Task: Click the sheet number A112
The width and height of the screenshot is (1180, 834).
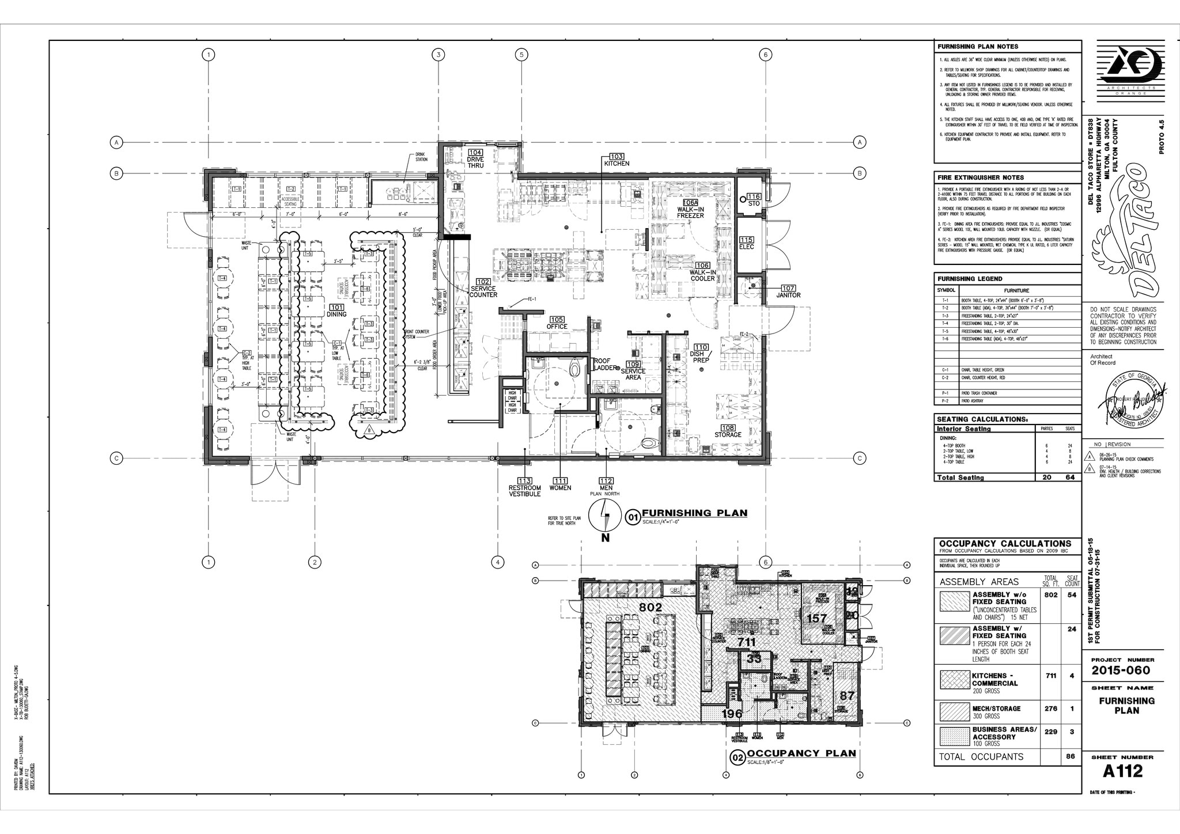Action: [x=1122, y=770]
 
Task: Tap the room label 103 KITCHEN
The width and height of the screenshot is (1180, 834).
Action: [x=617, y=160]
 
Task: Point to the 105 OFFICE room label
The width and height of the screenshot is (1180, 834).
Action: [x=557, y=323]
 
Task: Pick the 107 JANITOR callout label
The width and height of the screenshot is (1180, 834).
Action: [x=788, y=291]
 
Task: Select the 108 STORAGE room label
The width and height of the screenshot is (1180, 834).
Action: [x=728, y=431]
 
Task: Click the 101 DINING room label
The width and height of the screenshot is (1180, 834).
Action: [x=336, y=310]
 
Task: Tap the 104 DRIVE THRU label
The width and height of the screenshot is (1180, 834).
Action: [x=475, y=159]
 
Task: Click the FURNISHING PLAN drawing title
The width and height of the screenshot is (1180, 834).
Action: [x=694, y=513]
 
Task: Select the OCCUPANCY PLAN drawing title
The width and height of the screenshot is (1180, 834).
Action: [x=801, y=753]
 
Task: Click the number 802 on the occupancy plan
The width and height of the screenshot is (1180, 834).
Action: [x=650, y=607]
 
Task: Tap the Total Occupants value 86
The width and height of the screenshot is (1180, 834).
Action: [x=1071, y=756]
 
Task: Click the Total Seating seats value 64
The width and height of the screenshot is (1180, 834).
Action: [x=1071, y=477]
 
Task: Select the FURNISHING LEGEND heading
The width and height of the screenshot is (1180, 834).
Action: [x=970, y=279]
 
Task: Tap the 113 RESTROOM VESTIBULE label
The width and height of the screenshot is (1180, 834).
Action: [x=524, y=488]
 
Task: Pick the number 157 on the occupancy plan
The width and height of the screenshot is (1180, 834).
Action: [x=816, y=619]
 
